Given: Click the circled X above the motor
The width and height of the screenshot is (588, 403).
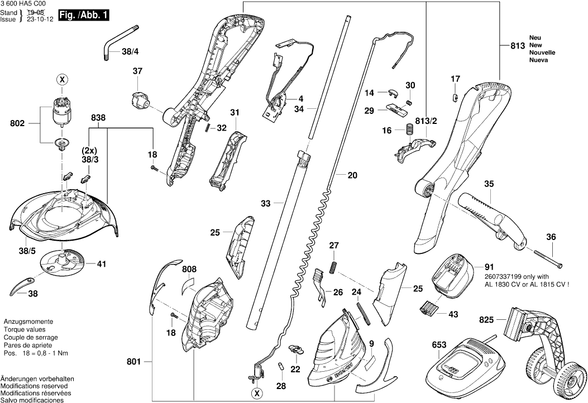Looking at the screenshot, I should [x=61, y=80].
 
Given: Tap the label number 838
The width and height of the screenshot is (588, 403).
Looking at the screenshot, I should [x=98, y=118].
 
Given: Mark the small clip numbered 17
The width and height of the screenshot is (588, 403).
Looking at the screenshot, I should [x=454, y=97].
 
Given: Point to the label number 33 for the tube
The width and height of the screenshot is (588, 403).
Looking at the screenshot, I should [x=265, y=204].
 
